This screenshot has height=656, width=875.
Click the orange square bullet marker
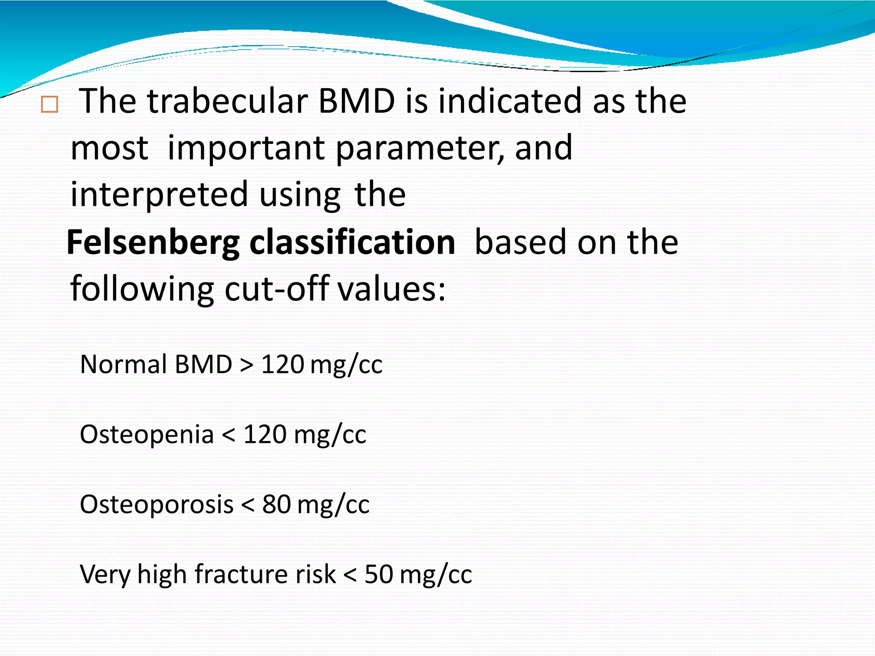click(x=50, y=105)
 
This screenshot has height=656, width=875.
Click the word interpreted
click(x=159, y=195)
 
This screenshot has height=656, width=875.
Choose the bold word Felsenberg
click(x=153, y=242)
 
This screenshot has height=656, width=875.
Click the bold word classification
click(x=352, y=242)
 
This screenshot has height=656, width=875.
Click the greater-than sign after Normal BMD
click(x=247, y=365)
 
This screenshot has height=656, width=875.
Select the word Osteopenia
click(x=147, y=434)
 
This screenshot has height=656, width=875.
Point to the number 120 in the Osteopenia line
click(x=265, y=434)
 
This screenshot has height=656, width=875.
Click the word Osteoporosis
click(x=156, y=504)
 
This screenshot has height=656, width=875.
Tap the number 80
click(x=276, y=504)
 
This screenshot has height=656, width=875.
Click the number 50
click(x=379, y=574)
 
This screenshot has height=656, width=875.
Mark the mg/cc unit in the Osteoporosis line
click(x=333, y=505)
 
